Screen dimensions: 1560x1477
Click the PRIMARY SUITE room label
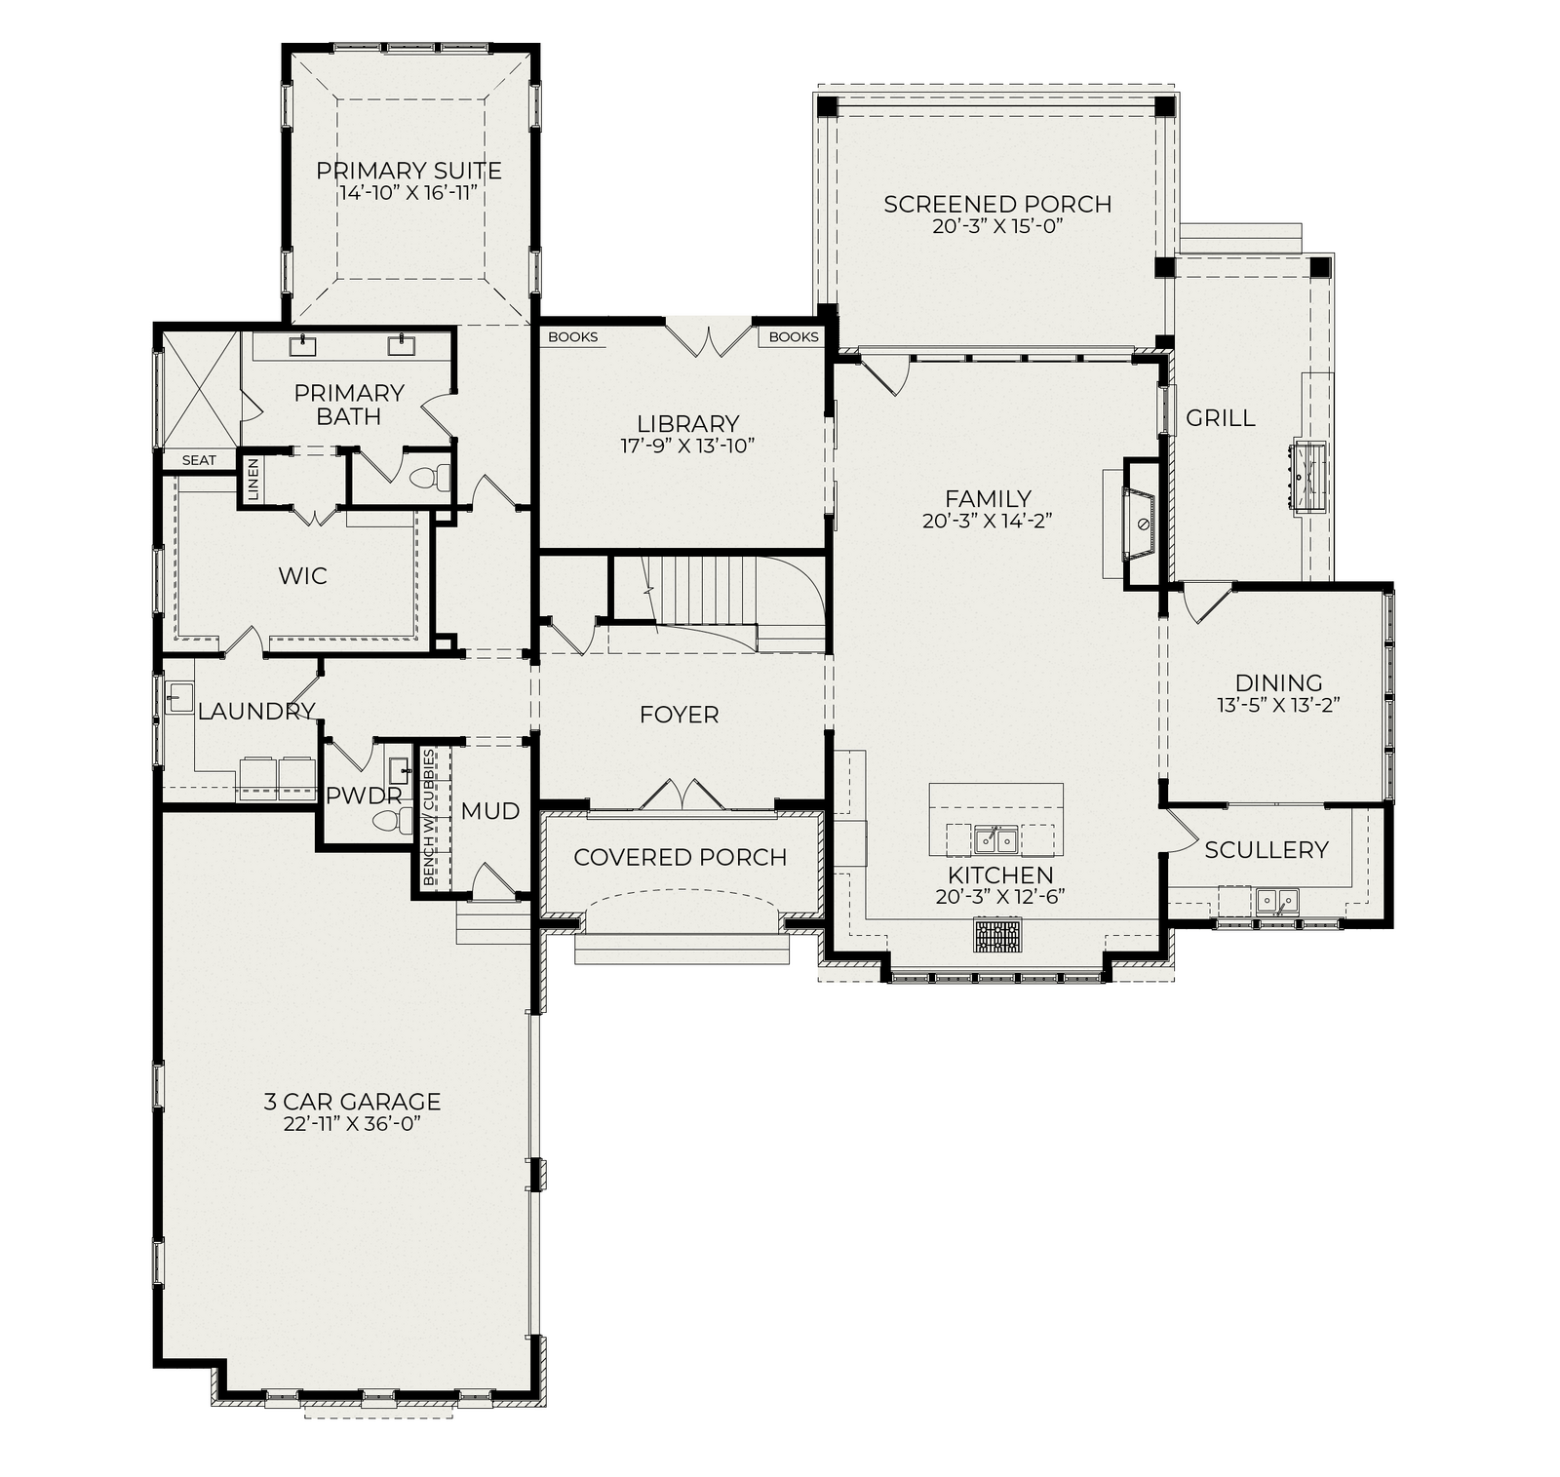[409, 171]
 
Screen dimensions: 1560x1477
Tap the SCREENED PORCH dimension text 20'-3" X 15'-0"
[996, 226]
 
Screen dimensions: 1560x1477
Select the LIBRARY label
[688, 423]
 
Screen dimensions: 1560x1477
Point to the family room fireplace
[1139, 525]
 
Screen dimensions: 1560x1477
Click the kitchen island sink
[995, 838]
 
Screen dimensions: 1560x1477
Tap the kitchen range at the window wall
[996, 935]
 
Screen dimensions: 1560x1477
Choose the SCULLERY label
[1266, 850]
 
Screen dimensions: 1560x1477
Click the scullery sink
[1276, 899]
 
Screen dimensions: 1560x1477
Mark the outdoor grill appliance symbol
[1309, 475]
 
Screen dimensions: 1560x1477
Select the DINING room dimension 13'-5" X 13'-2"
[1278, 705]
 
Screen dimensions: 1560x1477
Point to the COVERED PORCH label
[680, 857]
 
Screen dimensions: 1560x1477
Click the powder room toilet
[393, 820]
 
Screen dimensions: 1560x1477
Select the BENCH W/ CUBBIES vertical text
[429, 817]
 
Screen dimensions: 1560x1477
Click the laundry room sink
[178, 698]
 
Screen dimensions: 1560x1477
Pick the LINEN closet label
[253, 480]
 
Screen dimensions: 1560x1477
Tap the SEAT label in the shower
[199, 460]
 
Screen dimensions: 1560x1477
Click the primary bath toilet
[432, 478]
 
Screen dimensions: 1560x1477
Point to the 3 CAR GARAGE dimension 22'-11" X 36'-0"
[353, 1124]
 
